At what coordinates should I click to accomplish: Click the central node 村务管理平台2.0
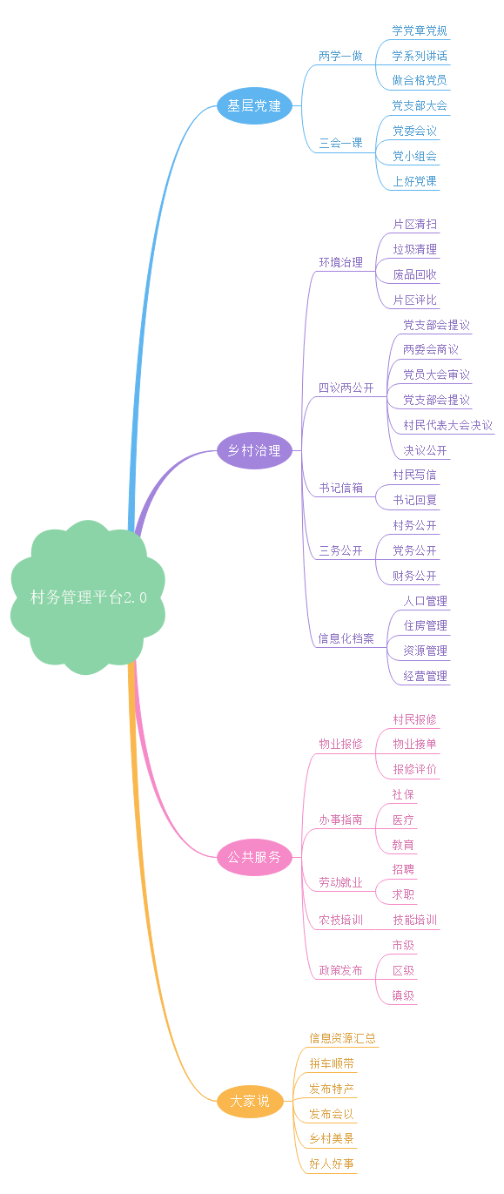pyautogui.click(x=88, y=597)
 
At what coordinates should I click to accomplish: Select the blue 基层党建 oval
pyautogui.click(x=254, y=105)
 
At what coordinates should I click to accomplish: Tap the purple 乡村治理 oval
pyautogui.click(x=254, y=450)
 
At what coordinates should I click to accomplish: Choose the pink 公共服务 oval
pyautogui.click(x=254, y=857)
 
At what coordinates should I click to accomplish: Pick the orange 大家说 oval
pyautogui.click(x=249, y=1101)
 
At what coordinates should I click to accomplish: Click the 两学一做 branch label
pyautogui.click(x=340, y=56)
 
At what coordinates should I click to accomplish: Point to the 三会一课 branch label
pyautogui.click(x=340, y=143)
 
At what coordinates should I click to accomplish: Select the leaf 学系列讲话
pyautogui.click(x=420, y=56)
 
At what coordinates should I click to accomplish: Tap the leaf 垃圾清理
pyautogui.click(x=414, y=249)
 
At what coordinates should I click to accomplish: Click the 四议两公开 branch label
pyautogui.click(x=346, y=388)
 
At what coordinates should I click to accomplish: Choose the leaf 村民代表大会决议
pyautogui.click(x=447, y=425)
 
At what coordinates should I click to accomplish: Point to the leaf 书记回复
pyautogui.click(x=414, y=500)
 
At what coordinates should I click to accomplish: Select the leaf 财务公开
pyautogui.click(x=414, y=576)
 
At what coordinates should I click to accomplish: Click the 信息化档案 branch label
pyautogui.click(x=346, y=638)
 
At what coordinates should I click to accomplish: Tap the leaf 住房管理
pyautogui.click(x=425, y=625)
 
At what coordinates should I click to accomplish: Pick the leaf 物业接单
pyautogui.click(x=414, y=744)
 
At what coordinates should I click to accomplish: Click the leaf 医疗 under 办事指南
pyautogui.click(x=403, y=820)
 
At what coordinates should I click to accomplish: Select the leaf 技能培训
pyautogui.click(x=414, y=920)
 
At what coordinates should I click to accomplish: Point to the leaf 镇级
pyautogui.click(x=403, y=995)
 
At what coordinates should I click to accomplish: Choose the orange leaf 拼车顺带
pyautogui.click(x=332, y=1063)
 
